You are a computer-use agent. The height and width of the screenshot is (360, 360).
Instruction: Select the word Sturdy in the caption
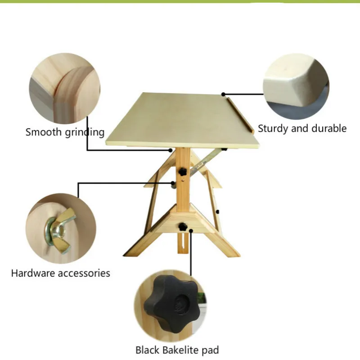[273, 128]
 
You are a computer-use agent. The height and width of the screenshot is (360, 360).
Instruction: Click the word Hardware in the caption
[31, 273]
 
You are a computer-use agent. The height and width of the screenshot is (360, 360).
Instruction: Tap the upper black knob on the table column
[183, 172]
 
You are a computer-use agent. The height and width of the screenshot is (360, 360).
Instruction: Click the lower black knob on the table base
[183, 226]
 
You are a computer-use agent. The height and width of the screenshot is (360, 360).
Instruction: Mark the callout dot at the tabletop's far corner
[223, 94]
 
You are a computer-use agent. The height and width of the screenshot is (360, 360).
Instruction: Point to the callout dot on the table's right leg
[217, 211]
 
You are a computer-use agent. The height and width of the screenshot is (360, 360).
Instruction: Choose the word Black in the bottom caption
[147, 350]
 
